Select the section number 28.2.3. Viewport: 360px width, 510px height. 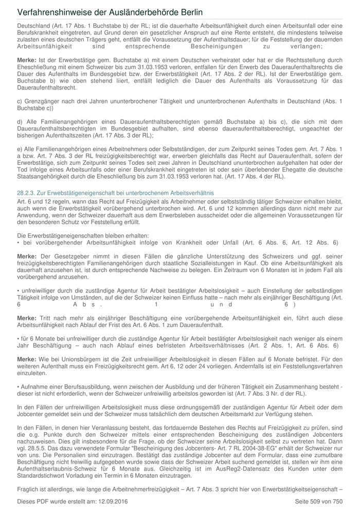[x=28, y=192]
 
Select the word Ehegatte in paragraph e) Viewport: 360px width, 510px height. [x=298, y=169]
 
